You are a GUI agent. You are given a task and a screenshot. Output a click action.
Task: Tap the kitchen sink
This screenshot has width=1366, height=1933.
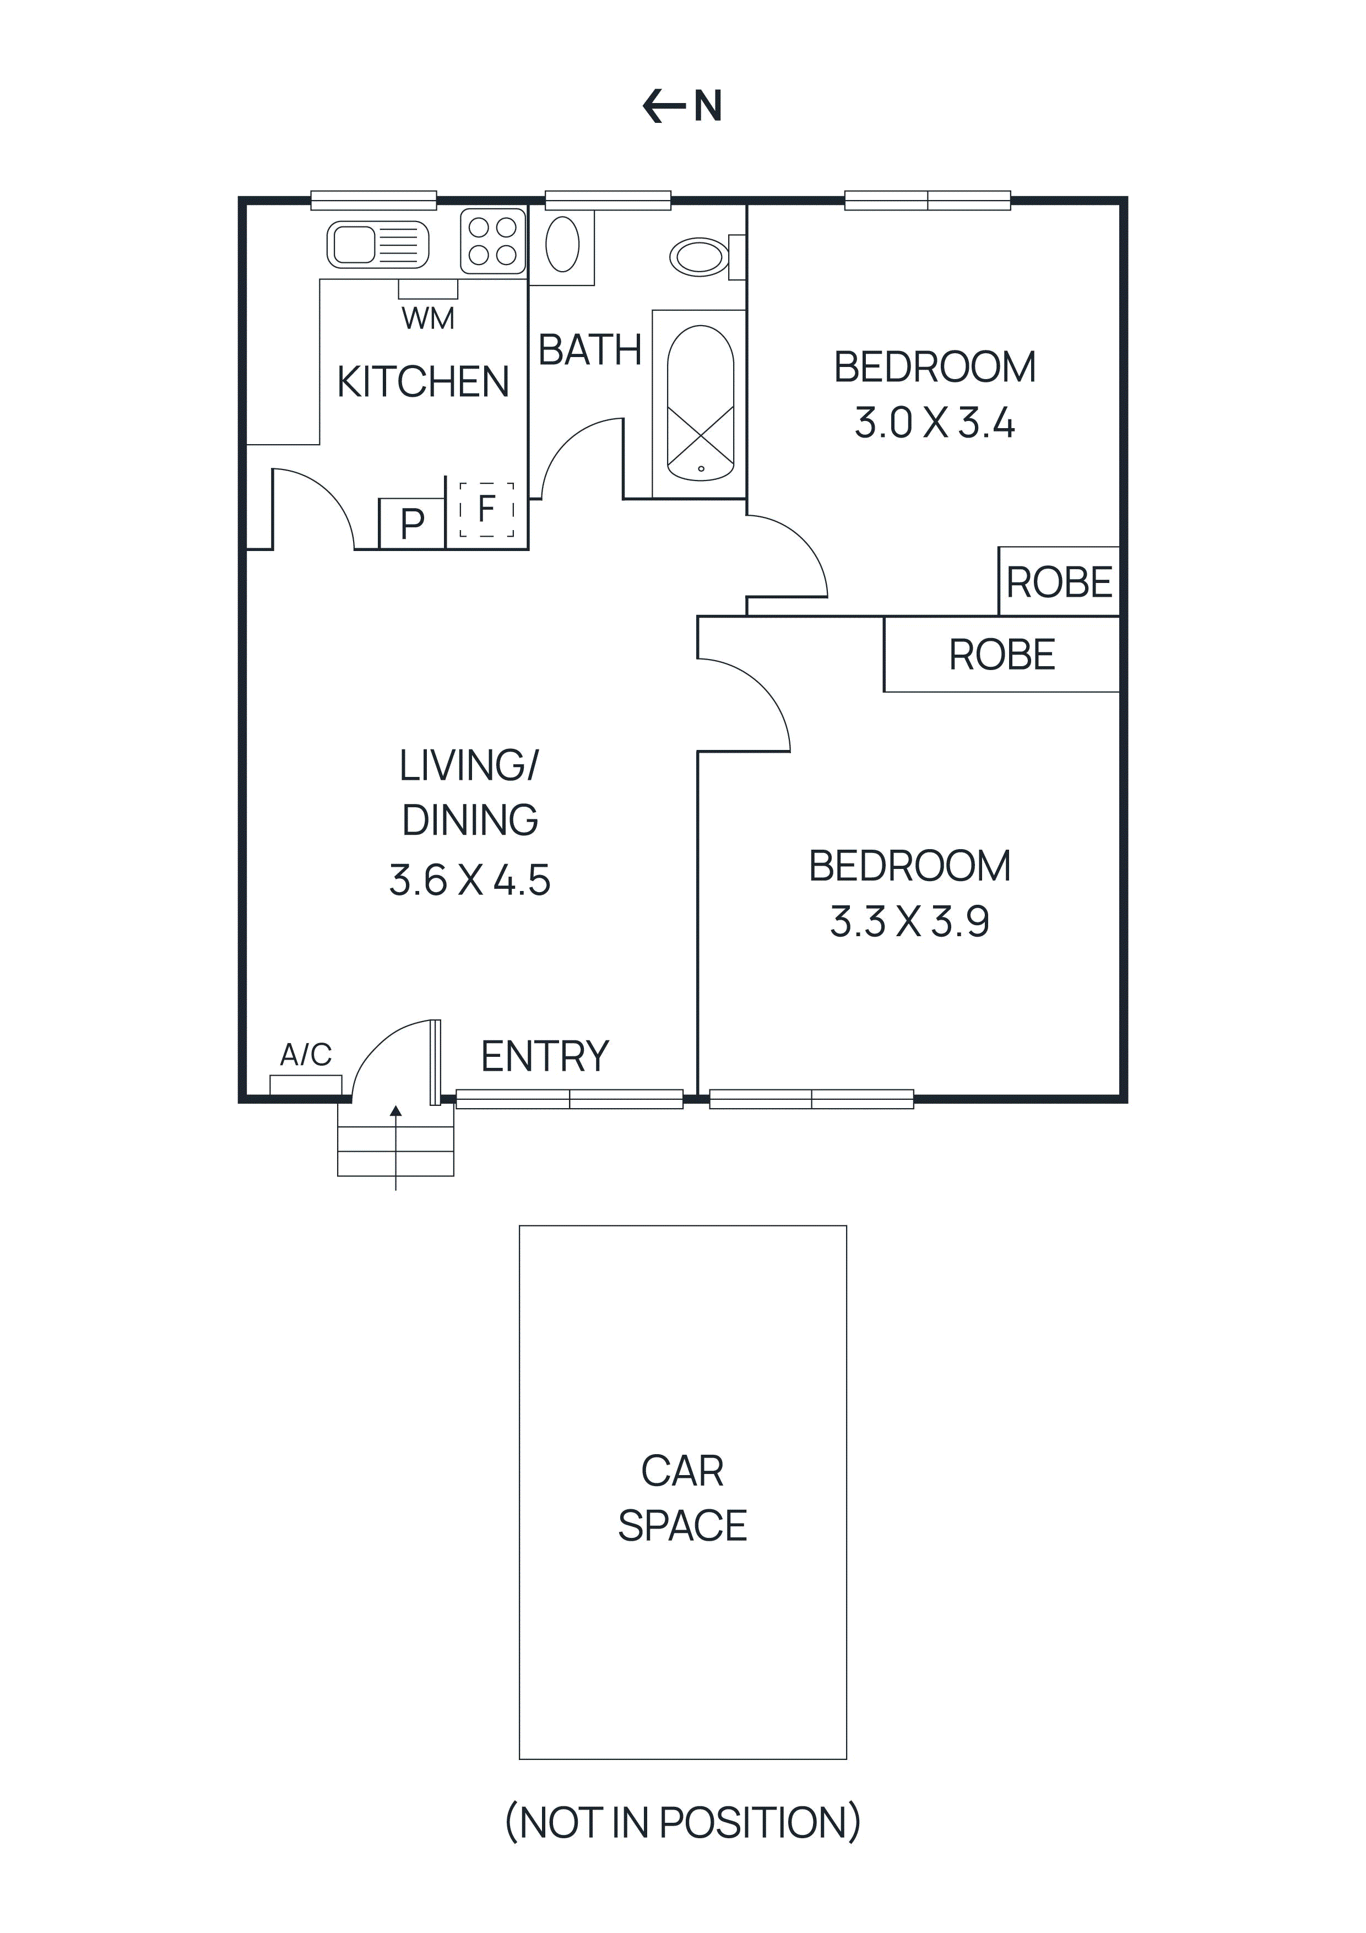coord(377,245)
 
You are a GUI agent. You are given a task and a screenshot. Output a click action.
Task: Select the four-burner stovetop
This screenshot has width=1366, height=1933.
coord(492,241)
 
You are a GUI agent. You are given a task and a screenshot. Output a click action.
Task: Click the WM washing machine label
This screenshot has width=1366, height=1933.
coord(427,318)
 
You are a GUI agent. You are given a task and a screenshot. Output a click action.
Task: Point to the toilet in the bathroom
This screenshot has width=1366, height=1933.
coord(700,257)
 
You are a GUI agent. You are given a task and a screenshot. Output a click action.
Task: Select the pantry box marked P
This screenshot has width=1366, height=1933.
coord(411,523)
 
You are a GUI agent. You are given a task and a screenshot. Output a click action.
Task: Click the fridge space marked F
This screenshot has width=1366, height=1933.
coord(486,509)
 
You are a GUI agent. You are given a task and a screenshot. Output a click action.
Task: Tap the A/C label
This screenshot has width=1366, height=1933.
coord(306,1054)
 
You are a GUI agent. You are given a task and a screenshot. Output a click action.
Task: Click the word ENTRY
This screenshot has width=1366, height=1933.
coord(545,1056)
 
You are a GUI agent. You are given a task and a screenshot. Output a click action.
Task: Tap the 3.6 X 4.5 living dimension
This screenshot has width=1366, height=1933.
coord(470,881)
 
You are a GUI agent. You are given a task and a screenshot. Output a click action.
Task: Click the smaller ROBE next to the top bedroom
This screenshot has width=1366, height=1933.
coord(1059,582)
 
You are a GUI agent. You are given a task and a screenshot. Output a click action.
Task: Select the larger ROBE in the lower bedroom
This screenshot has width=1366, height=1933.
coord(1001,655)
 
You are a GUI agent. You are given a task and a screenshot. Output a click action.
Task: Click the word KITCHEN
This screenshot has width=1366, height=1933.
coord(422,382)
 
